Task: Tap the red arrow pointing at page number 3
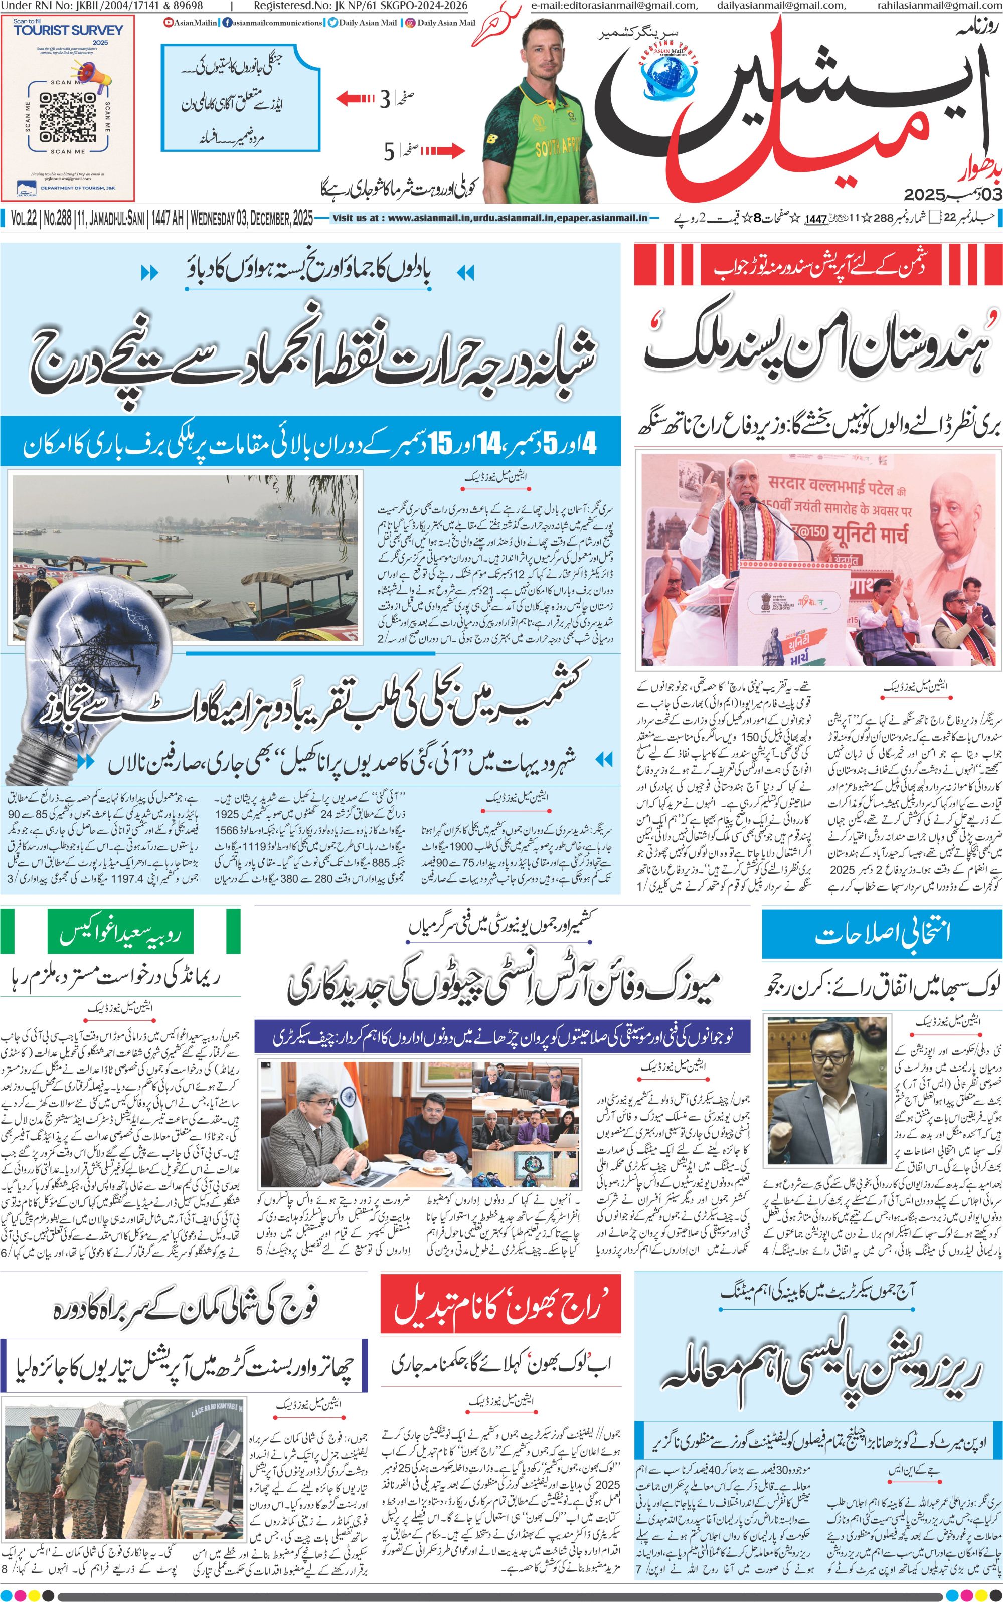pos(356,99)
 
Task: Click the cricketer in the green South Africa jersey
pos(537,109)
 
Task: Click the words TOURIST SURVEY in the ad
pos(68,30)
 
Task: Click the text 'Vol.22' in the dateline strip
pos(23,218)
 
